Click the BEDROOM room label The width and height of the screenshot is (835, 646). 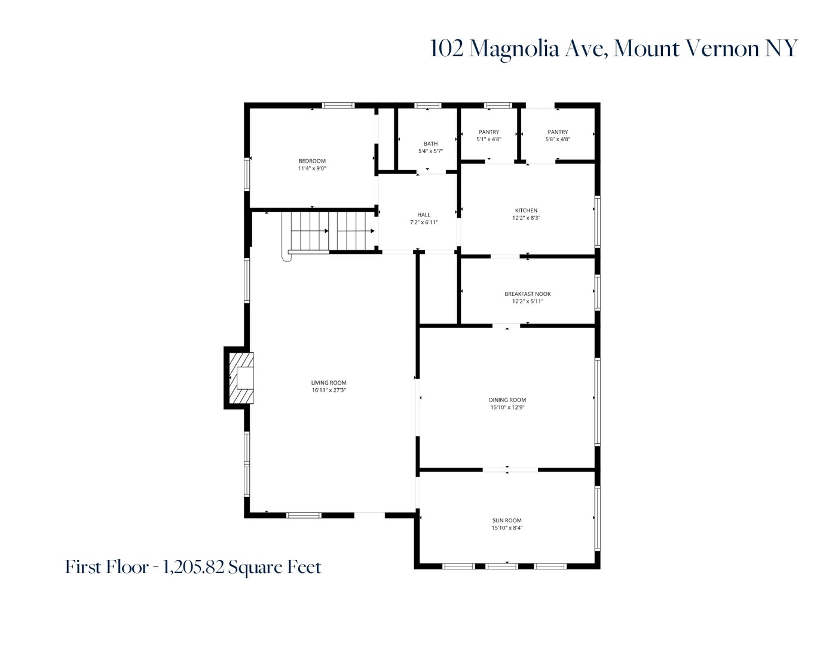[x=312, y=161]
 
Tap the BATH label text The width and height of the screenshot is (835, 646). [x=430, y=144]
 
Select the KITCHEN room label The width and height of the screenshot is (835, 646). [x=526, y=211]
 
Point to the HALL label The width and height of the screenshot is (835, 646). [x=424, y=215]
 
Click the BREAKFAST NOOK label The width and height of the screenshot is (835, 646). [x=527, y=294]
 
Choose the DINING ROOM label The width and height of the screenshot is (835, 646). [x=507, y=400]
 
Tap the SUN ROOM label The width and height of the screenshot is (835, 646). [x=507, y=520]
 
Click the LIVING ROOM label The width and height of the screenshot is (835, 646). [x=328, y=383]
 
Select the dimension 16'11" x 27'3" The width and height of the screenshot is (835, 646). [x=328, y=391]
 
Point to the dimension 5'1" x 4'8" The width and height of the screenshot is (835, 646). [x=488, y=139]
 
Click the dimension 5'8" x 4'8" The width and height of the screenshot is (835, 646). [x=557, y=139]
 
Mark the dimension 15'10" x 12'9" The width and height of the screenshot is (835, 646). [x=507, y=408]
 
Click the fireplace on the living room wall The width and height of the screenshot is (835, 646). [x=242, y=378]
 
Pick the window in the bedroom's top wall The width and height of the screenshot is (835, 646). [x=338, y=106]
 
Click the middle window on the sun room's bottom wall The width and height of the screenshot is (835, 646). [x=502, y=566]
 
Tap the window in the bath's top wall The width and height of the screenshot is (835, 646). [x=428, y=106]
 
